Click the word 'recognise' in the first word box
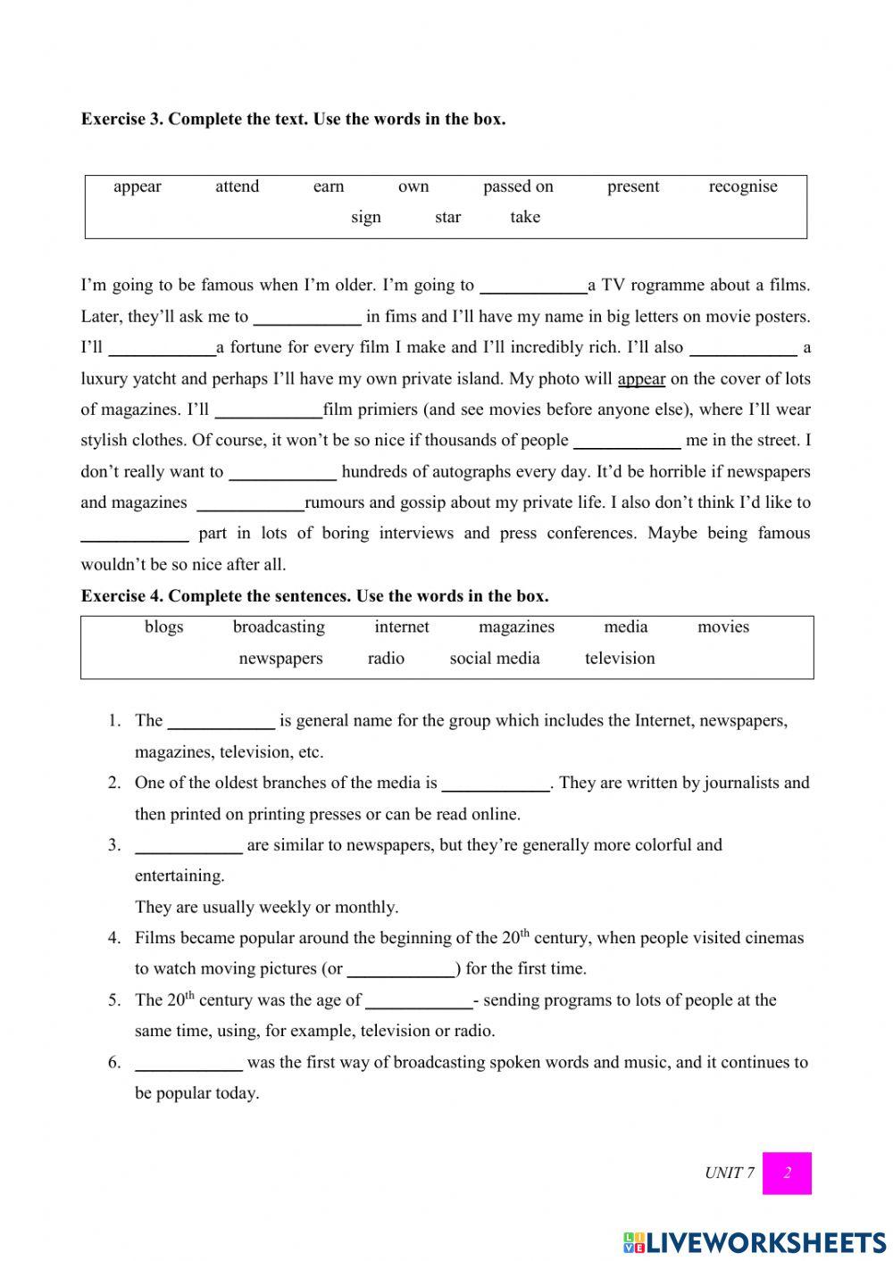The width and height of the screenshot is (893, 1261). [x=742, y=187]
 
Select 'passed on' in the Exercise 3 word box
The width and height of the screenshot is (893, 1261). [x=518, y=187]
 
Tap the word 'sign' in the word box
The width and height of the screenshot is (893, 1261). [x=365, y=217]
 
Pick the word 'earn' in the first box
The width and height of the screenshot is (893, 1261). [x=328, y=187]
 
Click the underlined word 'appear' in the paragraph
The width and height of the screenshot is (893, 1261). [x=641, y=378]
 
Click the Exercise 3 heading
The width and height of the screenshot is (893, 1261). [x=293, y=119]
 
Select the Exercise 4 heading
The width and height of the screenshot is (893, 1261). [x=314, y=595]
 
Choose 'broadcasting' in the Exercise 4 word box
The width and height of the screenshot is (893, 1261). [x=279, y=627]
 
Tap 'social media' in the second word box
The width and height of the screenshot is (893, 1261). [x=495, y=659]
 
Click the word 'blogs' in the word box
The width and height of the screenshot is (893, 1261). [x=163, y=627]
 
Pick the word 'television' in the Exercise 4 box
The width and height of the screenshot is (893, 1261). [x=620, y=659]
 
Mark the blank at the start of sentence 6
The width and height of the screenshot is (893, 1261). [x=188, y=1064]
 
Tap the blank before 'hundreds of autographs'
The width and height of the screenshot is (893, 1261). [x=282, y=473]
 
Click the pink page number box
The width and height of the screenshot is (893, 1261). [x=787, y=1173]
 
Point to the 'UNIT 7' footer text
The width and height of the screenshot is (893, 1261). [x=729, y=1173]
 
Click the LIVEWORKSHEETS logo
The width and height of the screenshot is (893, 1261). [x=755, y=1242]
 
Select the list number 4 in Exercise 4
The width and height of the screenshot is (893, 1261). [x=114, y=938]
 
